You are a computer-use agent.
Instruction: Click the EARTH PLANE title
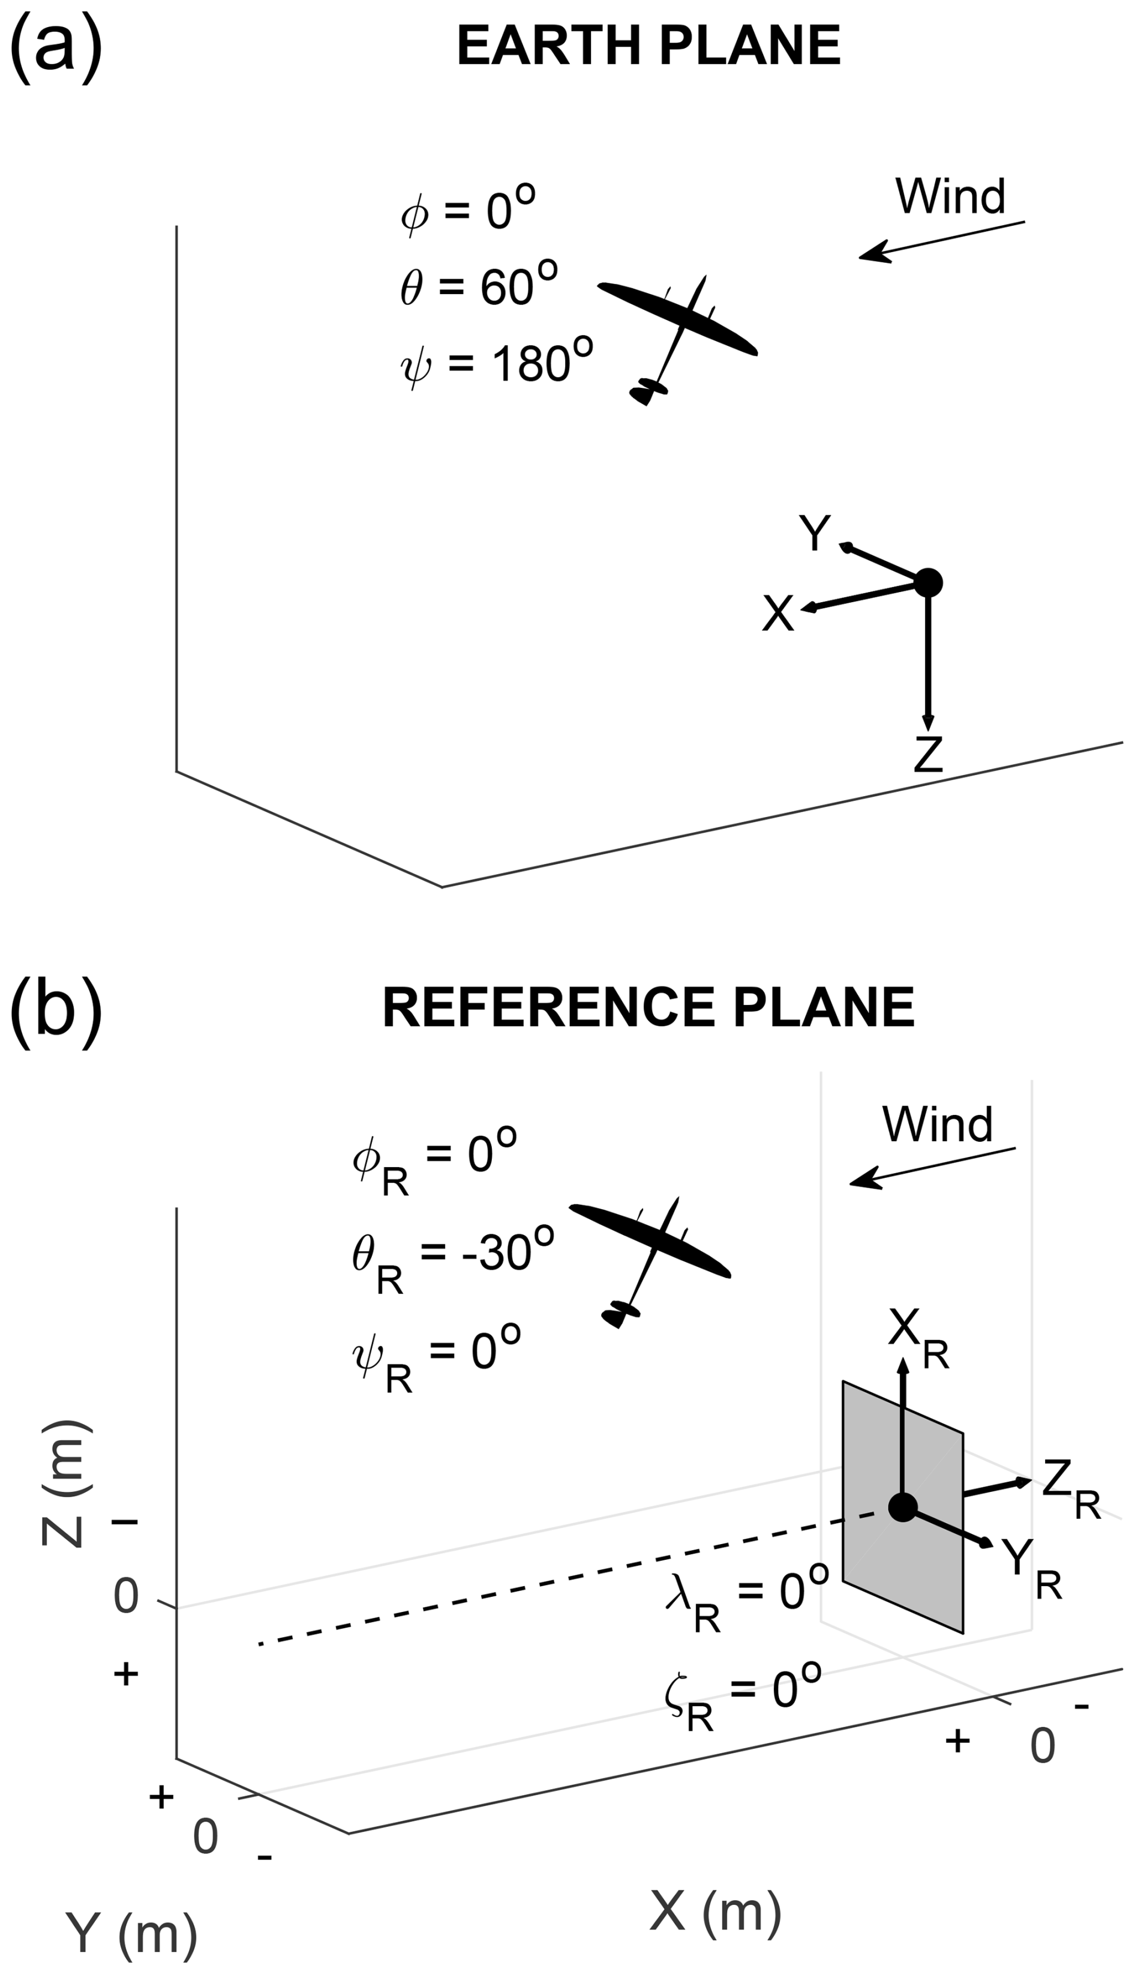(x=648, y=46)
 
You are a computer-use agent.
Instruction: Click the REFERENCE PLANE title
(x=648, y=1007)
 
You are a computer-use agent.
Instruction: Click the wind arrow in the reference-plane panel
(x=932, y=1167)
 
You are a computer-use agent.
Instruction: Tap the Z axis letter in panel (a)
(x=929, y=754)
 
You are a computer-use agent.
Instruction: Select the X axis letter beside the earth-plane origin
(x=778, y=613)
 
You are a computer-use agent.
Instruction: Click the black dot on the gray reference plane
(x=903, y=1507)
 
